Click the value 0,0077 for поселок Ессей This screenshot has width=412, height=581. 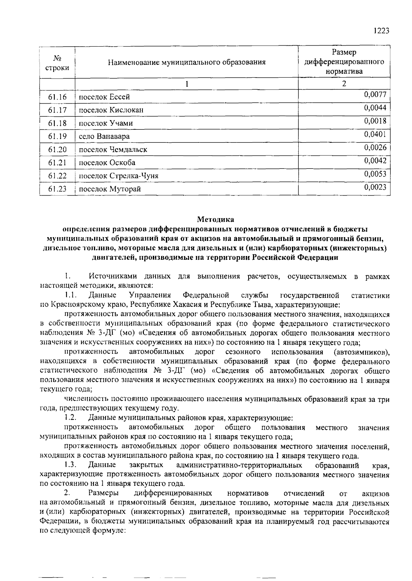(x=375, y=94)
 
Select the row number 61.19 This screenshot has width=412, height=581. (x=57, y=136)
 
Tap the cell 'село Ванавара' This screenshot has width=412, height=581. (x=104, y=136)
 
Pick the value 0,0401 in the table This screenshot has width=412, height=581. (x=375, y=134)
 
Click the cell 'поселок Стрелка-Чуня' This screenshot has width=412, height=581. (x=118, y=176)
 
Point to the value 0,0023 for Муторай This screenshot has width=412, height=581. (x=375, y=187)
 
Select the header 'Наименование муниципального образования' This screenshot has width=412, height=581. (x=187, y=62)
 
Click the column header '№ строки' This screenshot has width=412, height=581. (x=57, y=62)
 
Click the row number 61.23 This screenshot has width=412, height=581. (x=57, y=189)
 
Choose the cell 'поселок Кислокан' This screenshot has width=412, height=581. (x=111, y=110)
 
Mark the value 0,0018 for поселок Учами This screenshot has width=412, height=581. (x=375, y=121)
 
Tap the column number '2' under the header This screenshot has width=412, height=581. (x=344, y=83)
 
